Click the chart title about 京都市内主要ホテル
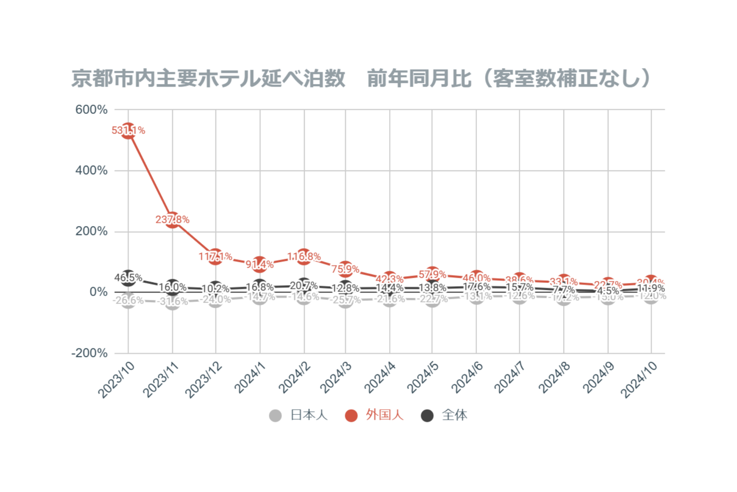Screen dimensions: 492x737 [x=361, y=79]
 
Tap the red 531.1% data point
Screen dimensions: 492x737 [x=128, y=131]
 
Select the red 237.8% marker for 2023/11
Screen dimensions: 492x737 [x=172, y=220]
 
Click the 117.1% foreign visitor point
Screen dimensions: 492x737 [x=215, y=256]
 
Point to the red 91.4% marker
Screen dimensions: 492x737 [x=260, y=264]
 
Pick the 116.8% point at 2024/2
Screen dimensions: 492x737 [x=304, y=256]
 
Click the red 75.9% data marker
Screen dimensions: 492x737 [x=345, y=269]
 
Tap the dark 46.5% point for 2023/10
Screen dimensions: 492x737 [x=128, y=278]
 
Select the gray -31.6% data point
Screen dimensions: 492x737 [x=172, y=301]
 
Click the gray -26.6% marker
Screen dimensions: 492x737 [x=128, y=300]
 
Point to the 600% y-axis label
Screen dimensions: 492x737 [x=91, y=109]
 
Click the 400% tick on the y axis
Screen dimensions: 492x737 [x=91, y=170]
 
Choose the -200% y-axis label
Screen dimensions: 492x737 [x=89, y=353]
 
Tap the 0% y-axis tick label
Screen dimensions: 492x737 [x=98, y=292]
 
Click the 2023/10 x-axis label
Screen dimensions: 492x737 [x=116, y=380]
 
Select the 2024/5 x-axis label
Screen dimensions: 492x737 [x=422, y=378]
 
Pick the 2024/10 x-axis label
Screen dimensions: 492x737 [x=639, y=380]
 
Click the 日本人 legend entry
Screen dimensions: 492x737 [x=299, y=415]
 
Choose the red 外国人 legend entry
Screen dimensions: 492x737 [x=374, y=415]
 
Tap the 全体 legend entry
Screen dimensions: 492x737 [x=444, y=415]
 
